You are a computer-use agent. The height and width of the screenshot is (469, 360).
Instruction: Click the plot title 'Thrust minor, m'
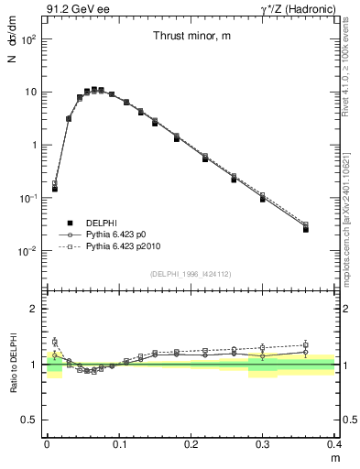pos(191,36)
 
